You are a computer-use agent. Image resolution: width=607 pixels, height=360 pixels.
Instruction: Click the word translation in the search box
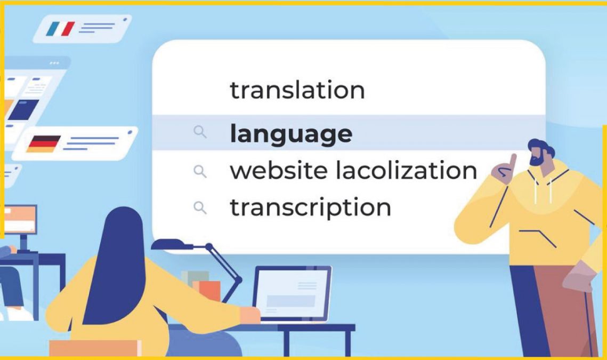click(x=297, y=90)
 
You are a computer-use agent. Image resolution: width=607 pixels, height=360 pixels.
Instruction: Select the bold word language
click(x=291, y=134)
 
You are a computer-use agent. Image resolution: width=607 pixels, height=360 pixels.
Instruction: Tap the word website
click(x=279, y=170)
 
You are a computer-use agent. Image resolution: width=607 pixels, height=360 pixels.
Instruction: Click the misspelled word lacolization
click(x=406, y=170)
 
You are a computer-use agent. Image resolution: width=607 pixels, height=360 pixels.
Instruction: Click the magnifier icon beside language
click(x=200, y=132)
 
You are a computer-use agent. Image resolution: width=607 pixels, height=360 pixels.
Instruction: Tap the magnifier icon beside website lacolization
click(x=200, y=171)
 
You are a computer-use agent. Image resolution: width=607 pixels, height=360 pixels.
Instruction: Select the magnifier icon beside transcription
click(x=200, y=208)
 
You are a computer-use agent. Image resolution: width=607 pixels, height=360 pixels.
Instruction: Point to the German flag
click(x=43, y=144)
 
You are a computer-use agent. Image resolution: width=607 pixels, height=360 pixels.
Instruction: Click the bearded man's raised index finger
click(x=513, y=163)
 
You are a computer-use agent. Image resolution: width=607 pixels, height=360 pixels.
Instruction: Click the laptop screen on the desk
click(x=292, y=294)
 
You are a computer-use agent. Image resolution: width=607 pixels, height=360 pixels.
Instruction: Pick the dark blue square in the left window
click(x=23, y=110)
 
